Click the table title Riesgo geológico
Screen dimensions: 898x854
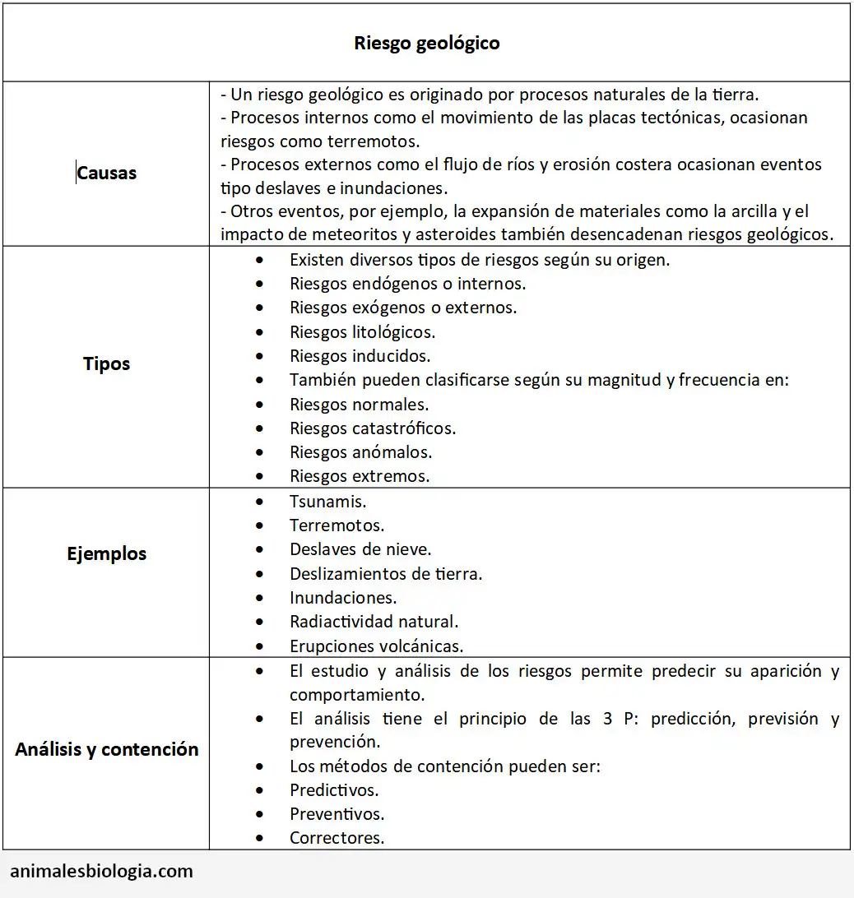(426, 43)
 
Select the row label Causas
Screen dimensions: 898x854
(106, 173)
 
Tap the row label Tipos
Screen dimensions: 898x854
(106, 363)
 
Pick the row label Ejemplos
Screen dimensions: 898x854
(106, 553)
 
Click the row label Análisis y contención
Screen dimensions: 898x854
(106, 749)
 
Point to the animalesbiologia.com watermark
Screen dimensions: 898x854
(102, 871)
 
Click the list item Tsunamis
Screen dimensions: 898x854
(327, 501)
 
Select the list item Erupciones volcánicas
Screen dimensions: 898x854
(376, 646)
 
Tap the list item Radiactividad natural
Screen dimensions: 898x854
(374, 622)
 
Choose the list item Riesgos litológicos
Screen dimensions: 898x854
(362, 332)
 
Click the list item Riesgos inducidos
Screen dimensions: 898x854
(360, 356)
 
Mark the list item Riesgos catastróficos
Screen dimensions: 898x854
(372, 428)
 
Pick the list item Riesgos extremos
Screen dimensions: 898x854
(360, 476)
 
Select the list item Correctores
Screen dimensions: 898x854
(336, 838)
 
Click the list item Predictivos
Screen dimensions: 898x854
(334, 790)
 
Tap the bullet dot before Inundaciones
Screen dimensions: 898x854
(261, 598)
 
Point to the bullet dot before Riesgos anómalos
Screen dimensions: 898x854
(261, 452)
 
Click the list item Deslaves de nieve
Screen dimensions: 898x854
(360, 549)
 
